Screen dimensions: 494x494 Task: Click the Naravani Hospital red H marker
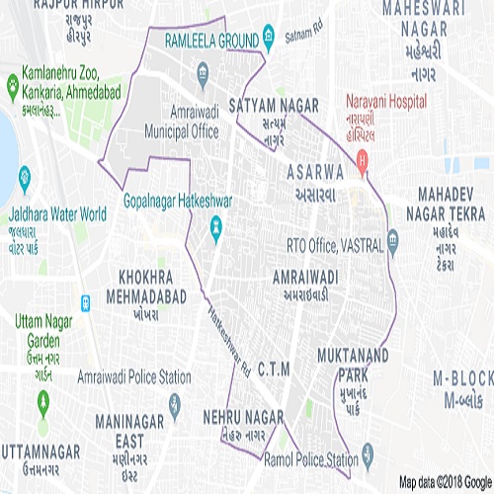tap(364, 158)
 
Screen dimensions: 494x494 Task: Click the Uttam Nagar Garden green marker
tap(43, 403)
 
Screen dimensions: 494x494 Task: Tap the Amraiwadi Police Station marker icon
tap(175, 403)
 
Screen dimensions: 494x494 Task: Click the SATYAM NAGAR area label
tap(274, 103)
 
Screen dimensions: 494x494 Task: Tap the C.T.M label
tap(274, 369)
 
